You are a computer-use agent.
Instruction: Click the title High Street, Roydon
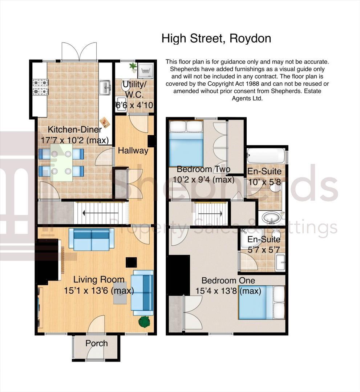(216, 38)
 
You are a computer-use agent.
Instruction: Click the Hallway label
(133, 150)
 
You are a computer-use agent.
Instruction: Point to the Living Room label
(99, 280)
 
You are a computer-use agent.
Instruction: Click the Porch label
(97, 343)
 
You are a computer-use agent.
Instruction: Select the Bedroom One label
(228, 281)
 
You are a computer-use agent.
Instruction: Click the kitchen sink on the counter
(106, 86)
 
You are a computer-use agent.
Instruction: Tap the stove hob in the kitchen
(40, 87)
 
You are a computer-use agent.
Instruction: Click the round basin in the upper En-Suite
(271, 219)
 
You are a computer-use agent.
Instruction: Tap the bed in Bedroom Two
(186, 144)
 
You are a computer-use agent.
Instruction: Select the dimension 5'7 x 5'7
(264, 250)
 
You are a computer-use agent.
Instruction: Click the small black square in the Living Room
(131, 262)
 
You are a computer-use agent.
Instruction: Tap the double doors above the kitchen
(79, 52)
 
